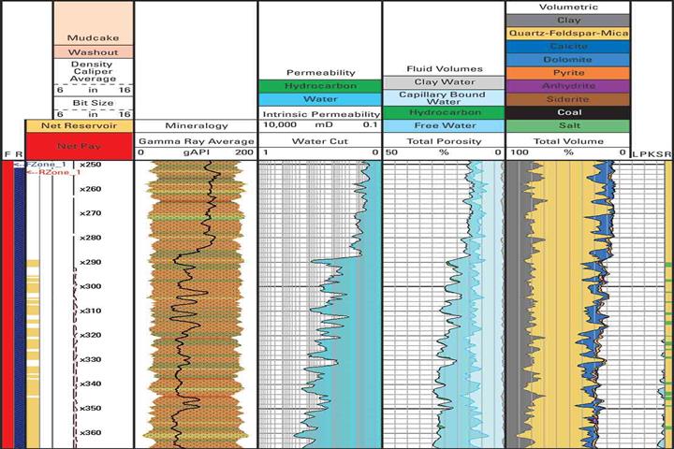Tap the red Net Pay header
79,146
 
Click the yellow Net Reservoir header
79,125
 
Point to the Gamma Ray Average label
197,138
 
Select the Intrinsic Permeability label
319,113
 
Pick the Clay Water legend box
444,82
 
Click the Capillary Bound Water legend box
444,98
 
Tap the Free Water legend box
444,125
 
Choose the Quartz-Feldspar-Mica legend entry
567,33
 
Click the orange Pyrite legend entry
567,72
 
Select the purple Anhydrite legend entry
567,85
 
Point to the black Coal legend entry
567,111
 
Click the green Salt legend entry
567,125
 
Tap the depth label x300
91,286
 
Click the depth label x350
91,408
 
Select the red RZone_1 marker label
55,173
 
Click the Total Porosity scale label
444,138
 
